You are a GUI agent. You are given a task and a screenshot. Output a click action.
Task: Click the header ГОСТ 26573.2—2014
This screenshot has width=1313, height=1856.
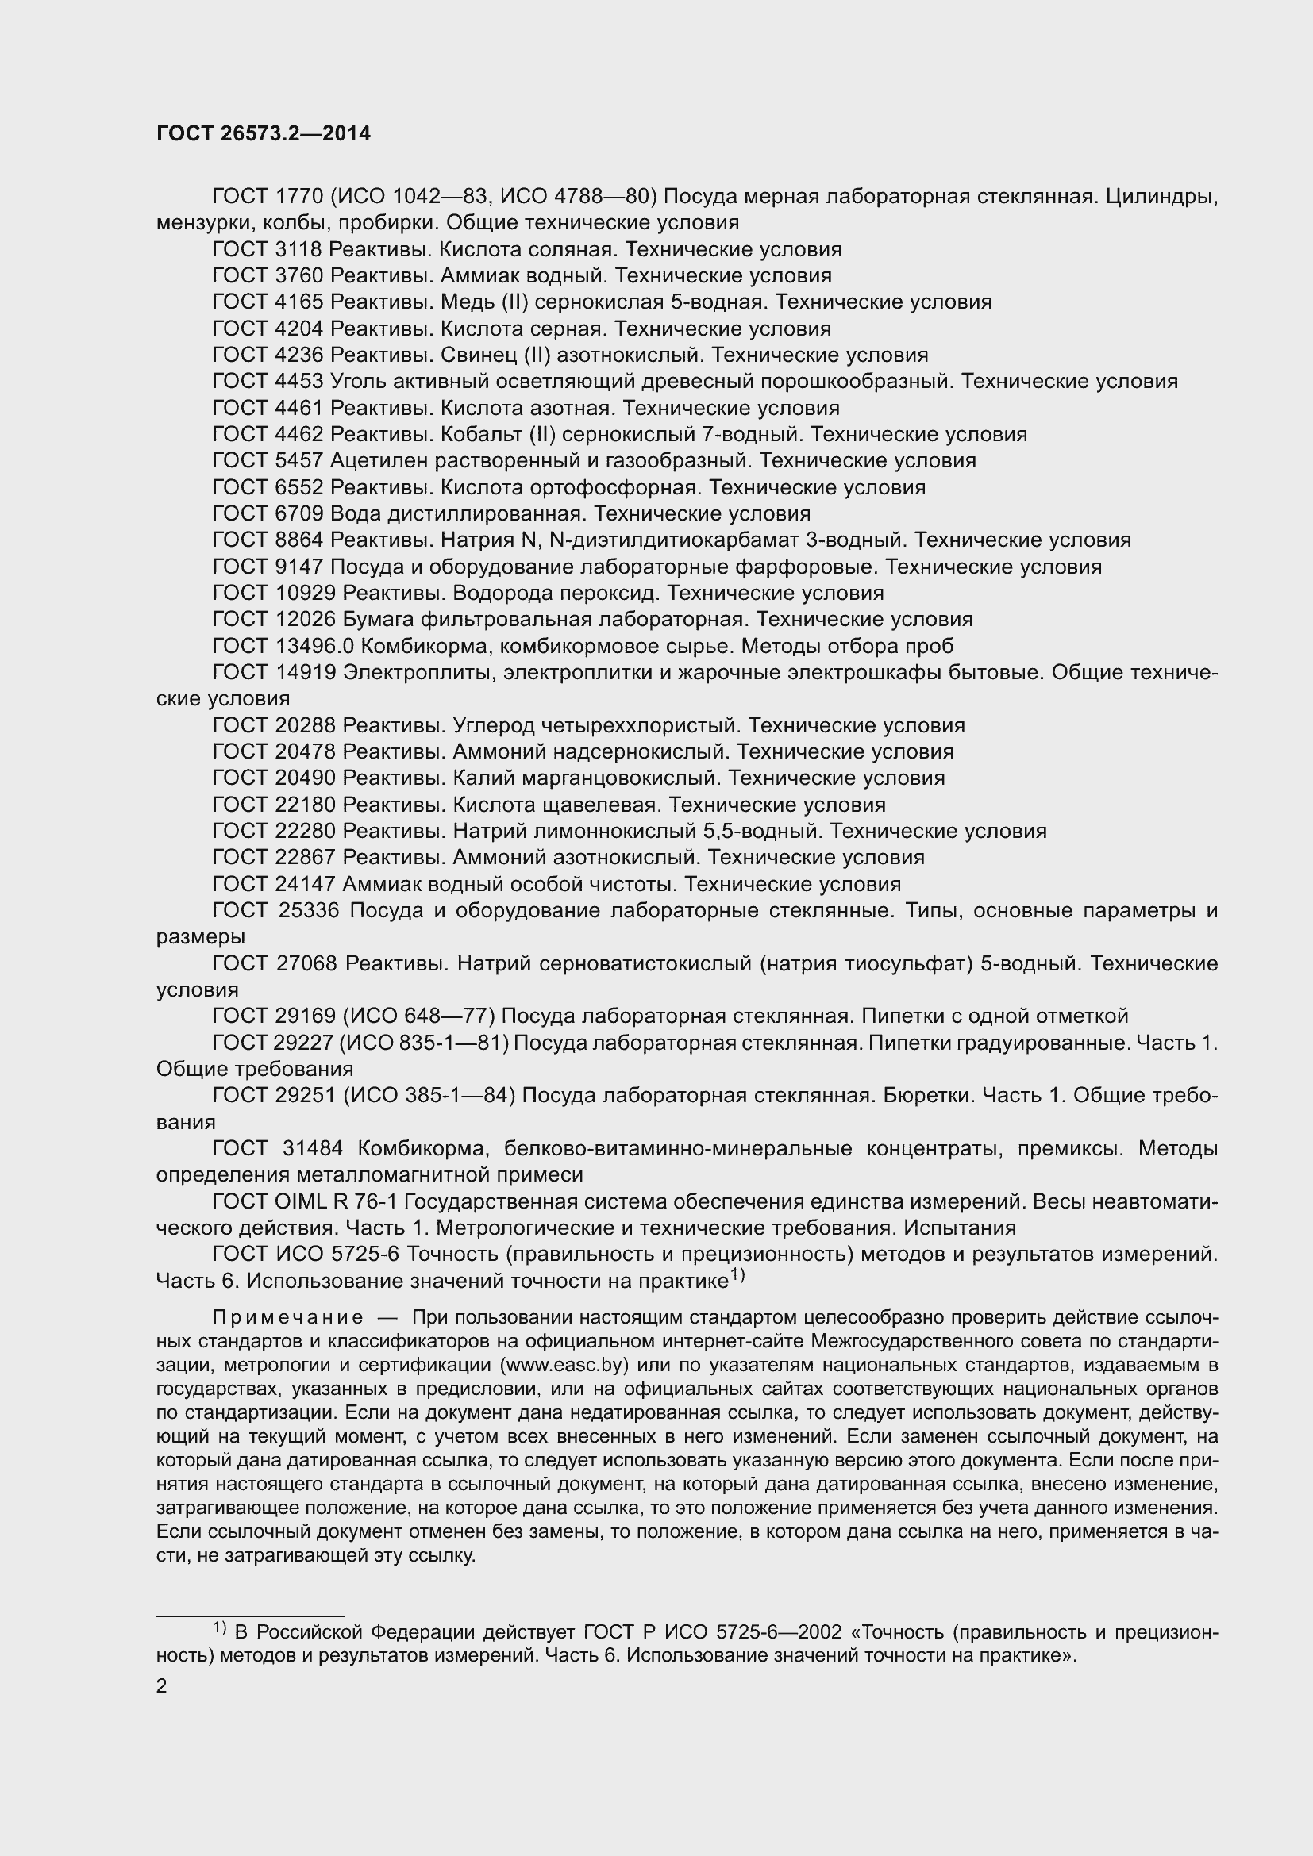(x=263, y=133)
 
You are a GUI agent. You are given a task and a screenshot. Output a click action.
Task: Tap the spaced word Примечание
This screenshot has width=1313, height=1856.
(x=287, y=1318)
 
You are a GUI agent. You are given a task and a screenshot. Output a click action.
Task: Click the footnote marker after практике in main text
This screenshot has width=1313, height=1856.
(x=737, y=1275)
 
